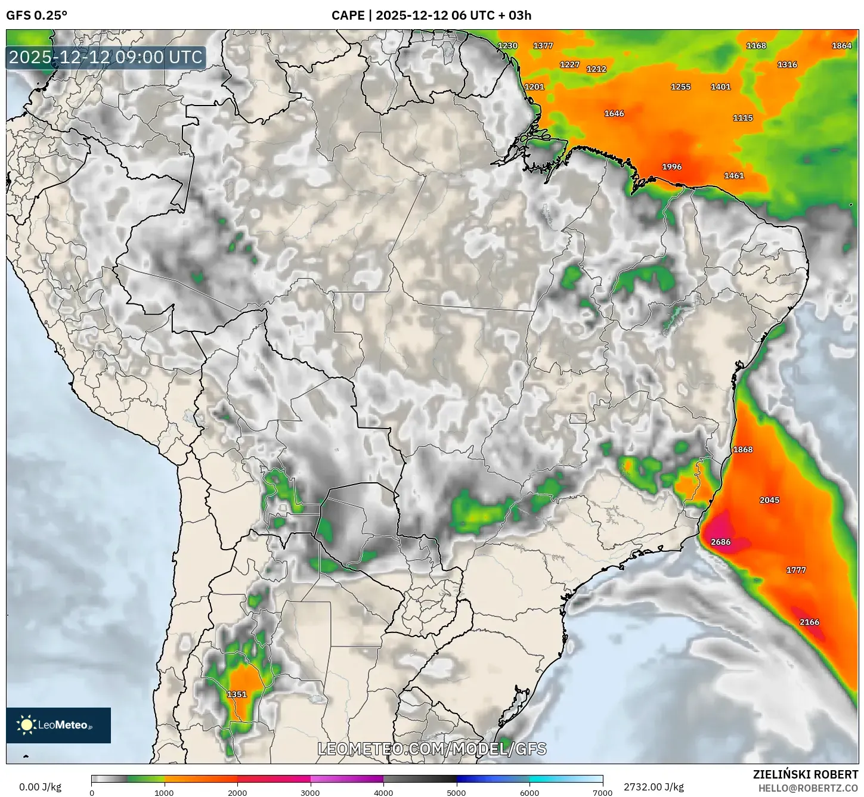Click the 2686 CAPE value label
tap(721, 542)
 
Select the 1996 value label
tap(672, 167)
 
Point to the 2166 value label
tap(810, 622)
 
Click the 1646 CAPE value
tap(614, 114)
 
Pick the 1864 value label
tap(842, 46)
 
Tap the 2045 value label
tap(770, 500)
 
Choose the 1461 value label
tap(734, 176)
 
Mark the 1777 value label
tap(796, 570)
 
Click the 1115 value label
tap(743, 118)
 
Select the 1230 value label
tap(507, 46)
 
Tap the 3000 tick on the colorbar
tap(311, 793)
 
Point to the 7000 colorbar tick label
tap(602, 793)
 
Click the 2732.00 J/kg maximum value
tap(654, 787)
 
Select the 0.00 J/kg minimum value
tap(41, 787)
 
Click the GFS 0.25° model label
tap(37, 15)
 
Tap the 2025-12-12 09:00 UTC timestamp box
tap(106, 58)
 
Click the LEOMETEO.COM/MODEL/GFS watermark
tap(432, 749)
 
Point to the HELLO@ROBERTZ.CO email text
tap(808, 788)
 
